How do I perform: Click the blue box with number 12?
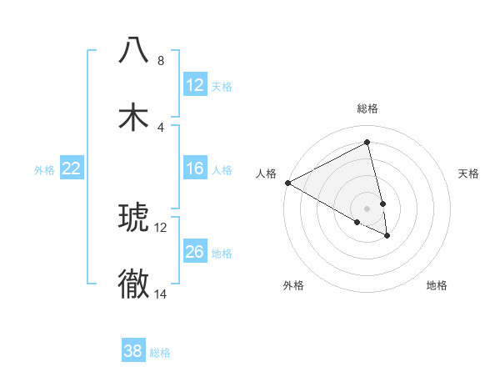[195, 85]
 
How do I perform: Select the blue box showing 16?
[195, 168]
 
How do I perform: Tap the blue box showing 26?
[195, 252]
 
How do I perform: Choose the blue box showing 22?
[72, 168]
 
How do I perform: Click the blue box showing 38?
[133, 351]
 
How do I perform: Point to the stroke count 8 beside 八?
[160, 61]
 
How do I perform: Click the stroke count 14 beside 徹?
[161, 294]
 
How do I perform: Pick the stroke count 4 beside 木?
[160, 127]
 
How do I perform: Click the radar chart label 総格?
[367, 108]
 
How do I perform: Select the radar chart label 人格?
[266, 173]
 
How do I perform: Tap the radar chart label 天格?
[469, 173]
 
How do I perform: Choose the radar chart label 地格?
[437, 285]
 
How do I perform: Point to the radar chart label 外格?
[293, 285]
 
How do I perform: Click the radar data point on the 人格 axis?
[287, 183]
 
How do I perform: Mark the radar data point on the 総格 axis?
[367, 142]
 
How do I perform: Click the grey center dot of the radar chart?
[367, 208]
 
